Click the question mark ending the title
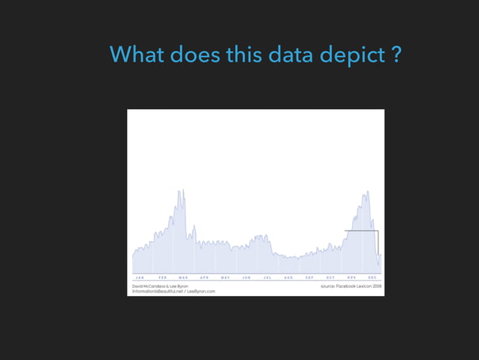coord(395,55)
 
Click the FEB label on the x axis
coord(163,277)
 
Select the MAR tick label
coord(184,277)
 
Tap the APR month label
coord(205,277)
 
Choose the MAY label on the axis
coord(225,277)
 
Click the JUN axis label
coord(246,277)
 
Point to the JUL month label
coord(267,277)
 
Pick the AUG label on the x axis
coord(288,277)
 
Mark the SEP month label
coord(309,277)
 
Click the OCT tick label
coord(330,277)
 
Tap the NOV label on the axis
coord(351,277)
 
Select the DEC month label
coord(372,277)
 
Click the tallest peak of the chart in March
coord(181,191)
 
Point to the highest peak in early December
coord(367,192)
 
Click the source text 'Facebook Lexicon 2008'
coord(358,286)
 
